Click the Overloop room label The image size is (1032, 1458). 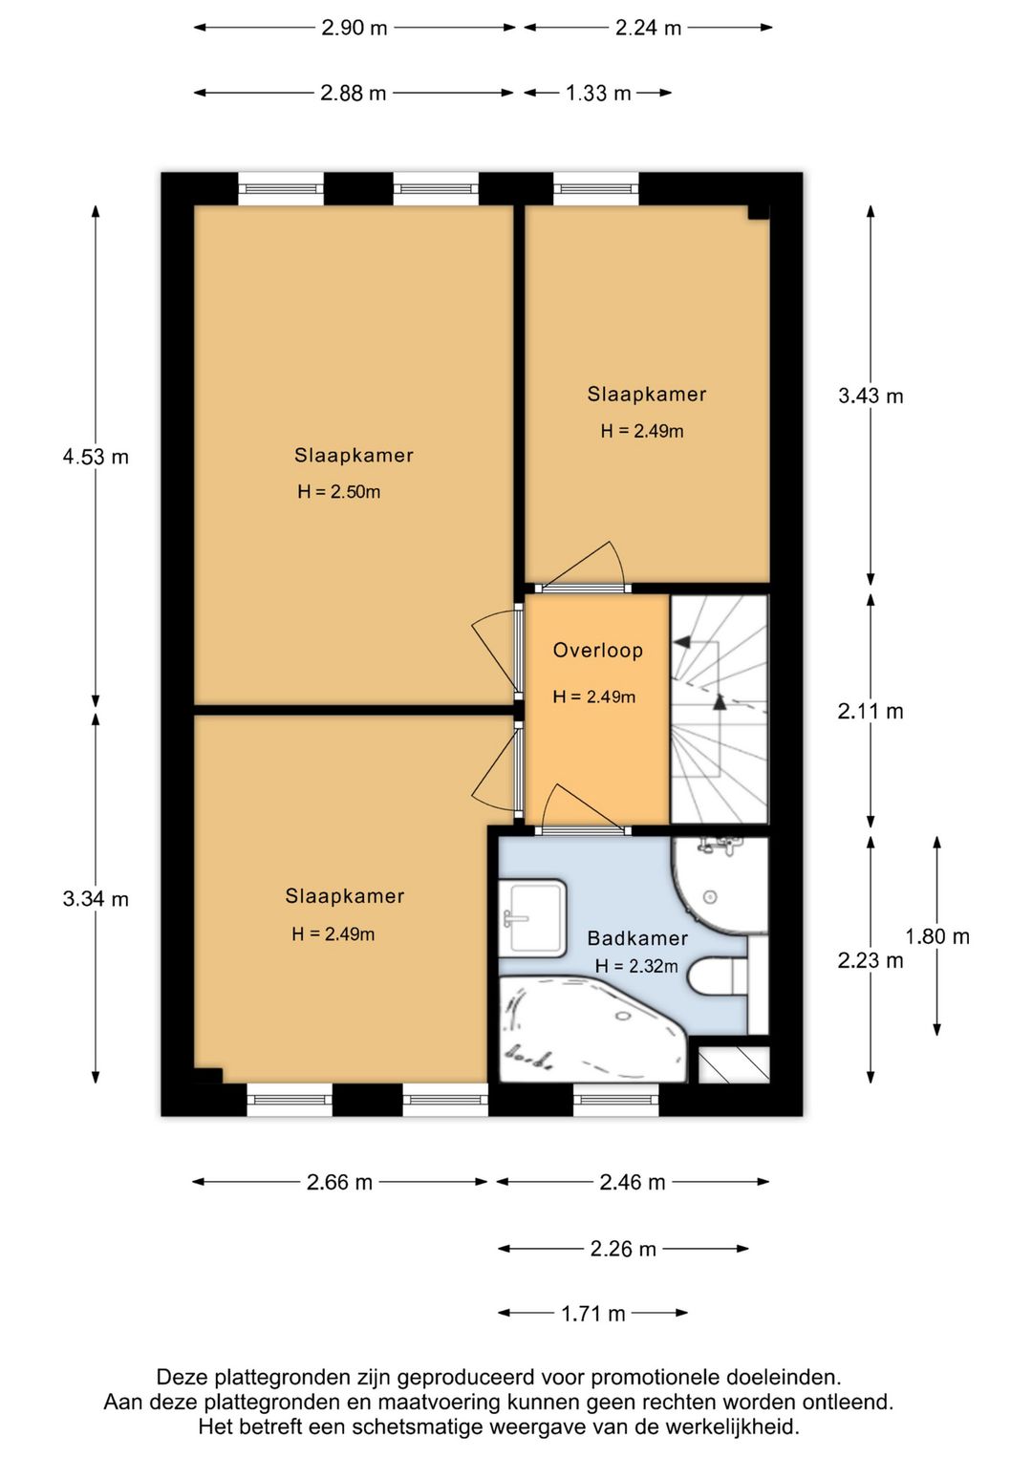598,651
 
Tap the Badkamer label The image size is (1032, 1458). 637,938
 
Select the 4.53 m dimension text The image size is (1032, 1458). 96,457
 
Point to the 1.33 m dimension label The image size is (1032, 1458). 598,93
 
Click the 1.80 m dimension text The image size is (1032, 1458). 937,936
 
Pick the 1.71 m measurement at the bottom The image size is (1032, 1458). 593,1314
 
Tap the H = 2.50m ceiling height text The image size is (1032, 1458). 338,491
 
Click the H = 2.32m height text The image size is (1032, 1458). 636,966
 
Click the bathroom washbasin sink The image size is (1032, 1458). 532,918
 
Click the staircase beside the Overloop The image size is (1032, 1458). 720,709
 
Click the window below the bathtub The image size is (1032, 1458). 615,1100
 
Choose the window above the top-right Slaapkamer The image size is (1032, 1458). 595,189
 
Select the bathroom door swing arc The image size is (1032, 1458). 583,807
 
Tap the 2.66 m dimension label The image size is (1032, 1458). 339,1182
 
